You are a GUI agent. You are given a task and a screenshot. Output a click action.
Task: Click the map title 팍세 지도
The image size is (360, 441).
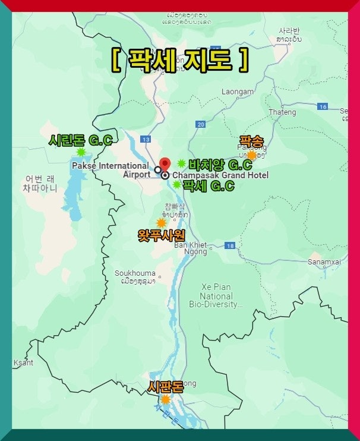(179, 60)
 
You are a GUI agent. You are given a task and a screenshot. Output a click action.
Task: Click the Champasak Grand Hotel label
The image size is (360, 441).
(220, 175)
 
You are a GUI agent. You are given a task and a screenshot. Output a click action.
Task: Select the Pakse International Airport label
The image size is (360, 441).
(110, 170)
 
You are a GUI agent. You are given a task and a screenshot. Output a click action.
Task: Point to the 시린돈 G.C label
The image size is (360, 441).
(80, 140)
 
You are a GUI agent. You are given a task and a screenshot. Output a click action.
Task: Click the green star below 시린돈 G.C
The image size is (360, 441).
(81, 152)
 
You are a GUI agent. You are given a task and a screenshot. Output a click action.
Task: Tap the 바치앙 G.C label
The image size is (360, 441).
(220, 164)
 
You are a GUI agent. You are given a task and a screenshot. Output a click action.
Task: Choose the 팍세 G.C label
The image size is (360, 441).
(208, 185)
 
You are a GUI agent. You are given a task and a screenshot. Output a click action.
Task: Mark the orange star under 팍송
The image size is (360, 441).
(251, 155)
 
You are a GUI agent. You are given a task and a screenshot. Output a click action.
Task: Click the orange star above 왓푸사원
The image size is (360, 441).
(161, 223)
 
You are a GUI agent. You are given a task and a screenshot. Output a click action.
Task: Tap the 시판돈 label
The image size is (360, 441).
(165, 387)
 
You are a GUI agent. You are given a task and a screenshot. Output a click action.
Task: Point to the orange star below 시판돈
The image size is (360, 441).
(165, 399)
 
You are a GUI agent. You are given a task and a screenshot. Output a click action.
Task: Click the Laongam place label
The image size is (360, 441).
(238, 92)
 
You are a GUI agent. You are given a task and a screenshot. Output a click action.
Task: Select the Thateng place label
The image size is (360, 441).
(282, 112)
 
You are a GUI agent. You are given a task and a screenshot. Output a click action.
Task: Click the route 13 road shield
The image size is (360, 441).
(146, 138)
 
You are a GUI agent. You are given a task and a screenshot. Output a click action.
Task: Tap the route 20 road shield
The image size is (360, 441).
(200, 124)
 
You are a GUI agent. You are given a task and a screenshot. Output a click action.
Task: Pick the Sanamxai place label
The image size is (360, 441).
(324, 262)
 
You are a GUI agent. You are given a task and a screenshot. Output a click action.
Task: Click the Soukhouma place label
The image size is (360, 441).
(135, 273)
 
